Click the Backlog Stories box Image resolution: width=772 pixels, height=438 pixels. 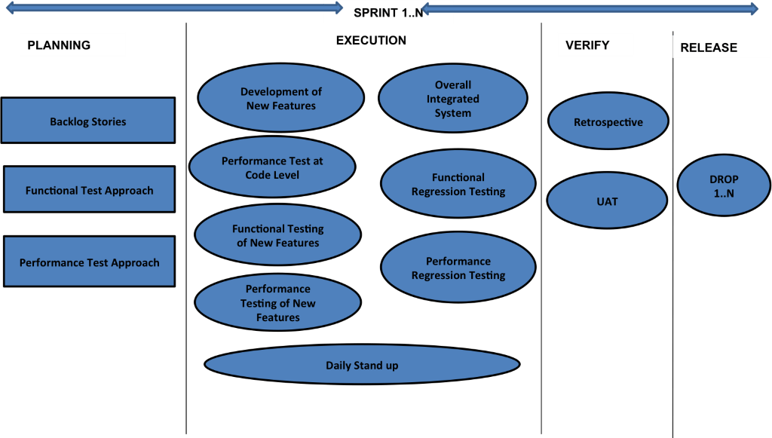(88, 121)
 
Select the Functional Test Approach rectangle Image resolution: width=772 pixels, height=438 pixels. (89, 190)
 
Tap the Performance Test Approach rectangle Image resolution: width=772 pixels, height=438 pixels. (89, 262)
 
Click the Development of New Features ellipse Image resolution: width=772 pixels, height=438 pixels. (280, 98)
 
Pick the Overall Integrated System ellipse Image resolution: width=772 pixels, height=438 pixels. (452, 99)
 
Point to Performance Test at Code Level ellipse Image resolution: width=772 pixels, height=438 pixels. (271, 167)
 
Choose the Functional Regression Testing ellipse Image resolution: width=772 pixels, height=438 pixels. (458, 184)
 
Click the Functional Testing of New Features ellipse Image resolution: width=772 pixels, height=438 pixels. (277, 235)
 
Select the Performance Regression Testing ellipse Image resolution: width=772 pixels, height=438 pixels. (458, 268)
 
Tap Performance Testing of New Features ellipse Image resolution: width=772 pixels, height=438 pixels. (277, 303)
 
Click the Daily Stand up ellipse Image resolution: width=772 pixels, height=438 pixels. (362, 365)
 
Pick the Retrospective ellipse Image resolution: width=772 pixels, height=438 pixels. (608, 121)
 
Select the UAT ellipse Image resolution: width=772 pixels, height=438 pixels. (607, 201)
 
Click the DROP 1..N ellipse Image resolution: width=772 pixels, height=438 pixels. (724, 186)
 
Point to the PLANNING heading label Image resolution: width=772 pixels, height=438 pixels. (72, 44)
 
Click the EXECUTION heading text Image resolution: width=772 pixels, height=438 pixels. (371, 41)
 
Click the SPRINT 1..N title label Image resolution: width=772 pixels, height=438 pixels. (388, 12)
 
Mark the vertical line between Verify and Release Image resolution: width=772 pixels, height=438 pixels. (672, 249)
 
